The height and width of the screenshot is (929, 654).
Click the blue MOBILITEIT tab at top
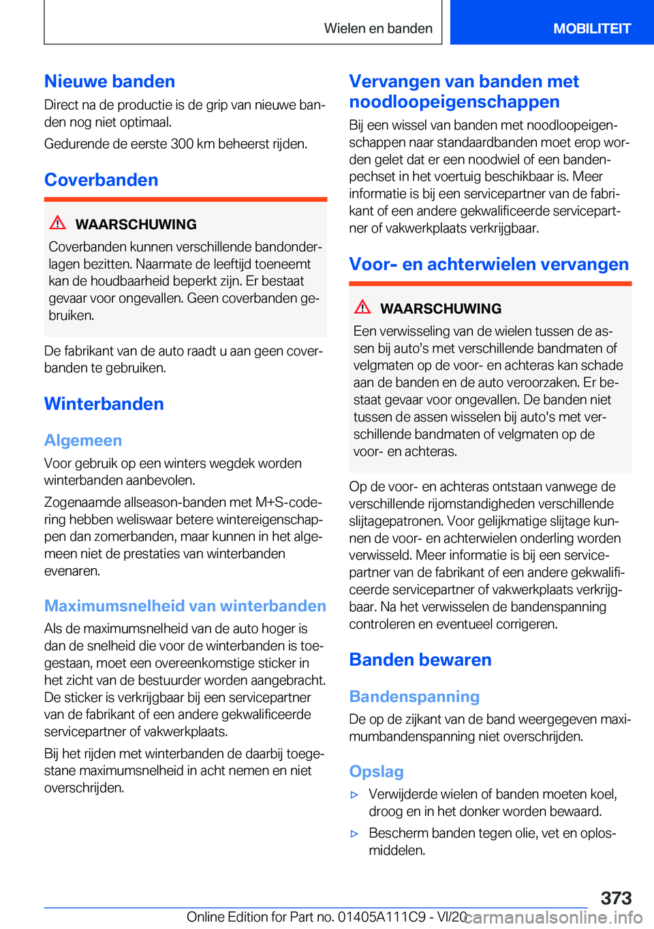(x=591, y=29)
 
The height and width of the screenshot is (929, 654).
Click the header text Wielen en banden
(x=378, y=29)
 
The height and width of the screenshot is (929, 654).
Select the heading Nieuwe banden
(x=110, y=81)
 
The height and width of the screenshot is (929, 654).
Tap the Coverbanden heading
(x=102, y=180)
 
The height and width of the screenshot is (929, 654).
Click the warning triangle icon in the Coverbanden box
(x=58, y=222)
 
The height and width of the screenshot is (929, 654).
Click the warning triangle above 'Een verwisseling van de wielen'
(x=362, y=307)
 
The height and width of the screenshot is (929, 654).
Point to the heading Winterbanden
(x=104, y=404)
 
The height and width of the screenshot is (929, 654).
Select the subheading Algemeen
(x=83, y=441)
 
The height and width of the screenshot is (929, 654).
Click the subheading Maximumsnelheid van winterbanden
(x=185, y=606)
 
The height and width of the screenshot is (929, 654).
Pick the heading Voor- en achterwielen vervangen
(x=488, y=264)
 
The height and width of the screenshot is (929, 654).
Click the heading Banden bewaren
(x=420, y=660)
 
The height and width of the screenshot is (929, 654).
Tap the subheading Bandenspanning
(x=414, y=696)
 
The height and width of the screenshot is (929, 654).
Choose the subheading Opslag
(x=376, y=771)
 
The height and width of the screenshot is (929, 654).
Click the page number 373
(x=616, y=898)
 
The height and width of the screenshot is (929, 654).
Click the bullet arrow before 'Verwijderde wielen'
(x=354, y=795)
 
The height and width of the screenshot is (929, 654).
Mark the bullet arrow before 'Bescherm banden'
(x=354, y=834)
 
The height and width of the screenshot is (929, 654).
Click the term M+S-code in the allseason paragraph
(x=287, y=503)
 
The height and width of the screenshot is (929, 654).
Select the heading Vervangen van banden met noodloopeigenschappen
(x=464, y=91)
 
